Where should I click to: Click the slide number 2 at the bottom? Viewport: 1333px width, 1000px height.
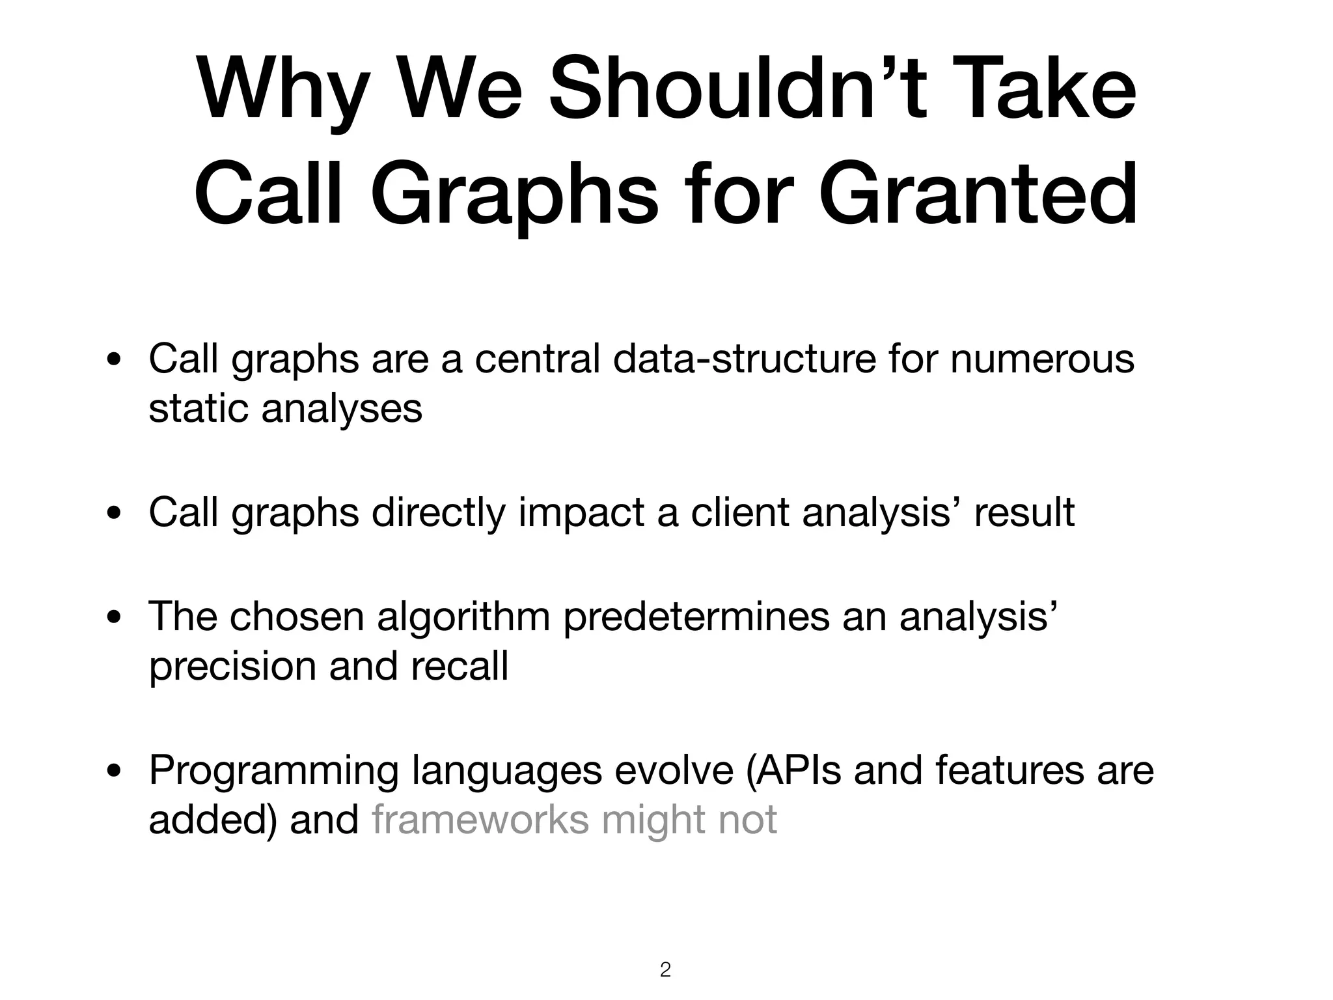665,969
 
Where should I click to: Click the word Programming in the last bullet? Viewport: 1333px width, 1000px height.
273,770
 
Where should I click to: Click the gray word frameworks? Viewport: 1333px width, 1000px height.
480,820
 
